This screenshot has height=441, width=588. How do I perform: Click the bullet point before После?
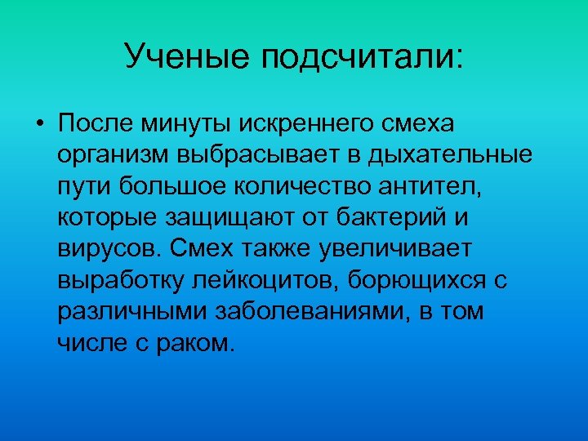(39, 125)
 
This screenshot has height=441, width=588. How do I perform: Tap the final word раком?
(198, 342)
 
